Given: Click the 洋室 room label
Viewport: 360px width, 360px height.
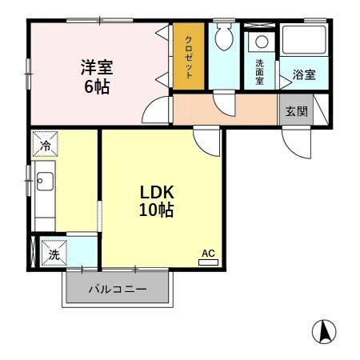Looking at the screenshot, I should [95, 67].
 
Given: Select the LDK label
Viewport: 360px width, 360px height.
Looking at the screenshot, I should [158, 193].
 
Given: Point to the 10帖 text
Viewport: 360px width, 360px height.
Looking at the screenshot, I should [158, 211].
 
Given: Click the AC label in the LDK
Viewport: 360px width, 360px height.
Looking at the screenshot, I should [208, 254].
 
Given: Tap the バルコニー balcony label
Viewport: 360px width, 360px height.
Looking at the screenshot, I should [117, 290].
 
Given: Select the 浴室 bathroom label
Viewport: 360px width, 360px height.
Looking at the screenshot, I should [303, 74].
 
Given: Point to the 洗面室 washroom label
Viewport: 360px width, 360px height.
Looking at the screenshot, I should [260, 73].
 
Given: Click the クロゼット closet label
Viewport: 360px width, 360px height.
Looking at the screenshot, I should [189, 57].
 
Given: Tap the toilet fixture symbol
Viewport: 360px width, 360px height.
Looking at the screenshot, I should [224, 37].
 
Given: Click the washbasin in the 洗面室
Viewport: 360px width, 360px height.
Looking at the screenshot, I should [261, 42].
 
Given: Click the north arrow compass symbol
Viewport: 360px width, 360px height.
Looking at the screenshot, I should [323, 330].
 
